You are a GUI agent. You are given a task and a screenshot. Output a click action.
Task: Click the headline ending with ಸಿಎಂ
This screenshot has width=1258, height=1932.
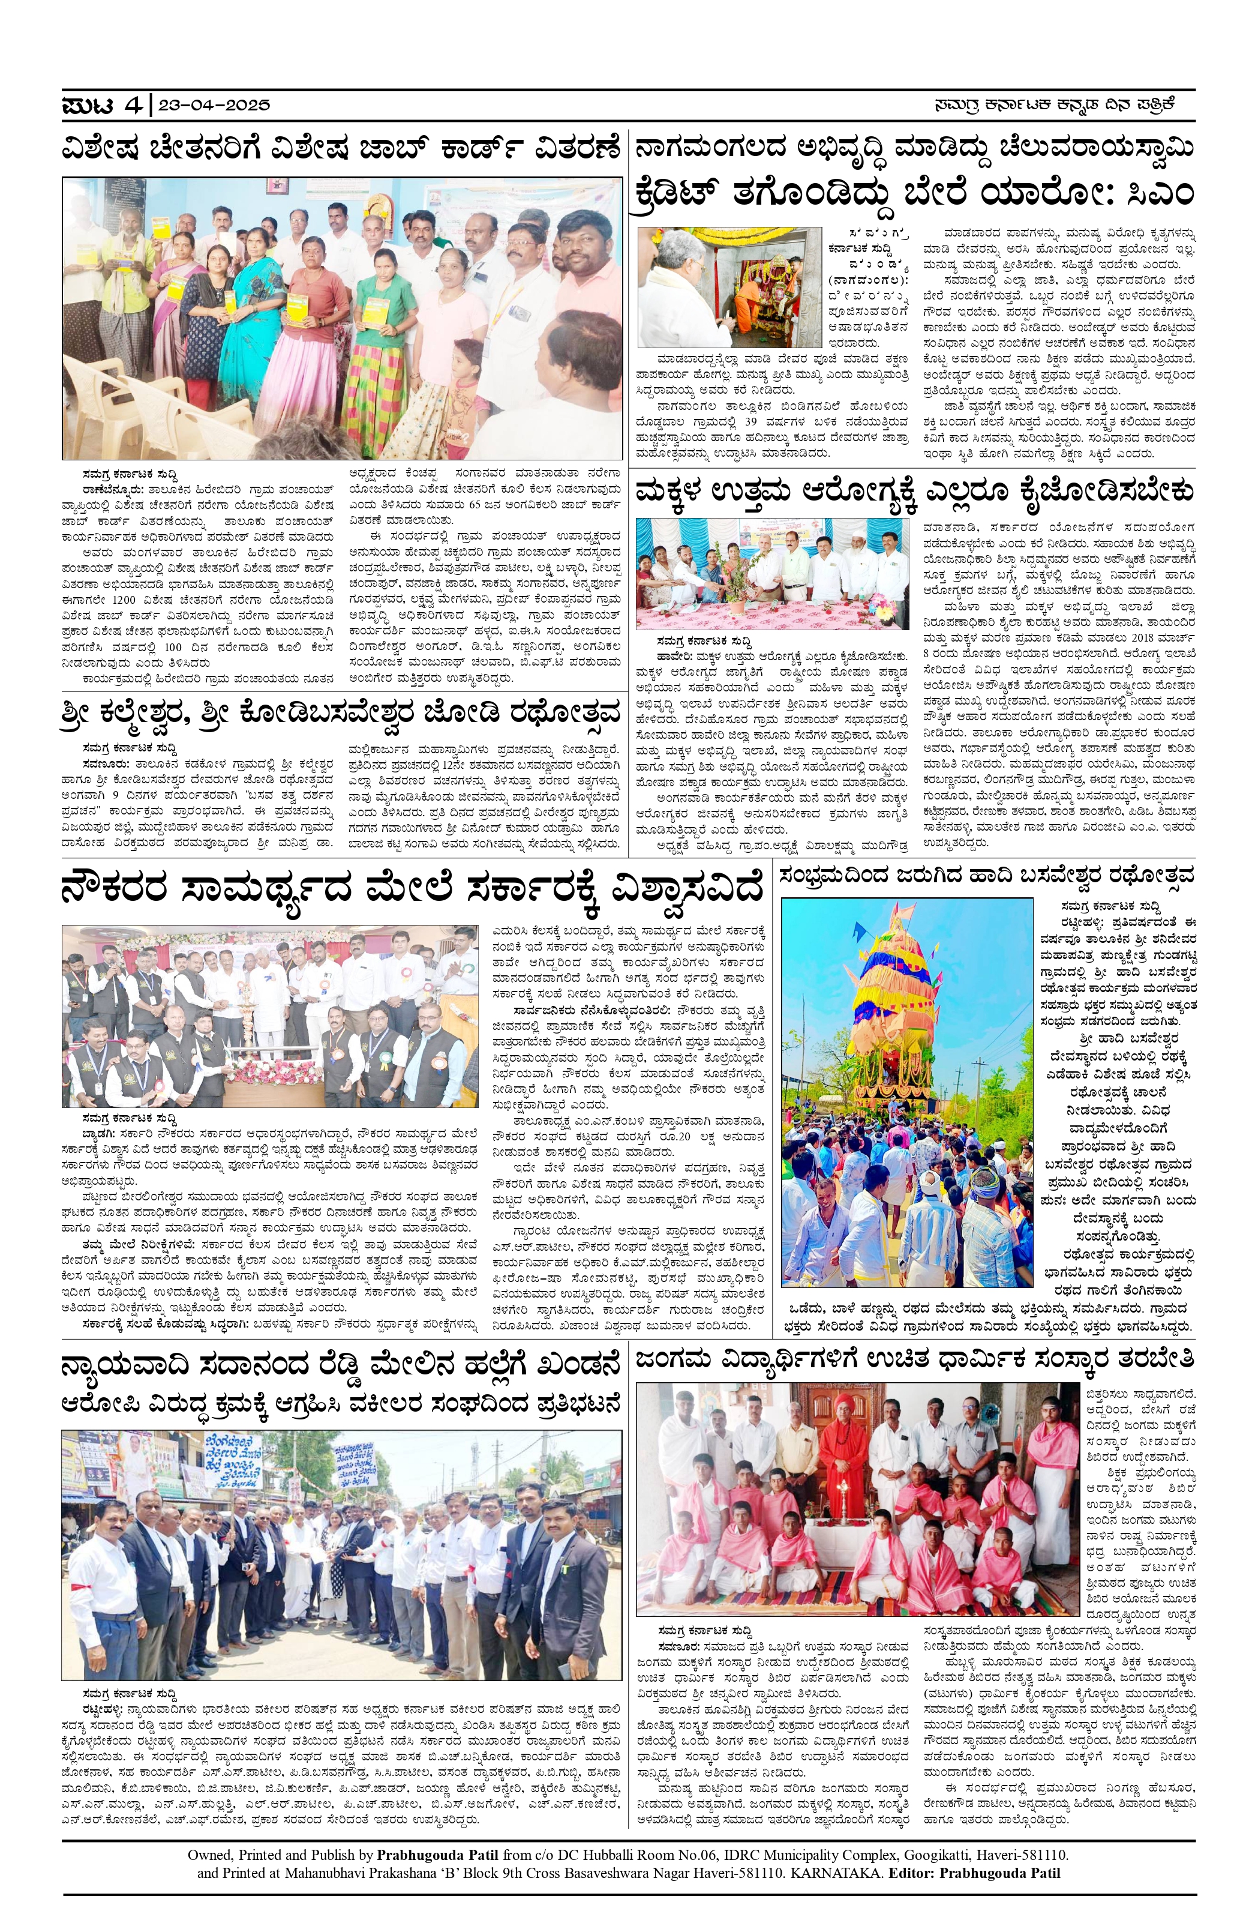click(x=915, y=193)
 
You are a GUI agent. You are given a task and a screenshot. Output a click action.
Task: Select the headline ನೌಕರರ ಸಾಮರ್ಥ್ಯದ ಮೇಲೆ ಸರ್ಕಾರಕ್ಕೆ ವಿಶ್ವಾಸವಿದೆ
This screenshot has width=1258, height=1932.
click(x=412, y=889)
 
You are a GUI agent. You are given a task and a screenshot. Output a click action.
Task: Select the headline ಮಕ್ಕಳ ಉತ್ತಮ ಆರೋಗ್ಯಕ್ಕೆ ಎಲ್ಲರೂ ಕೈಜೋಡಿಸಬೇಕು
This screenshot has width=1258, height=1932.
click(x=915, y=493)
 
